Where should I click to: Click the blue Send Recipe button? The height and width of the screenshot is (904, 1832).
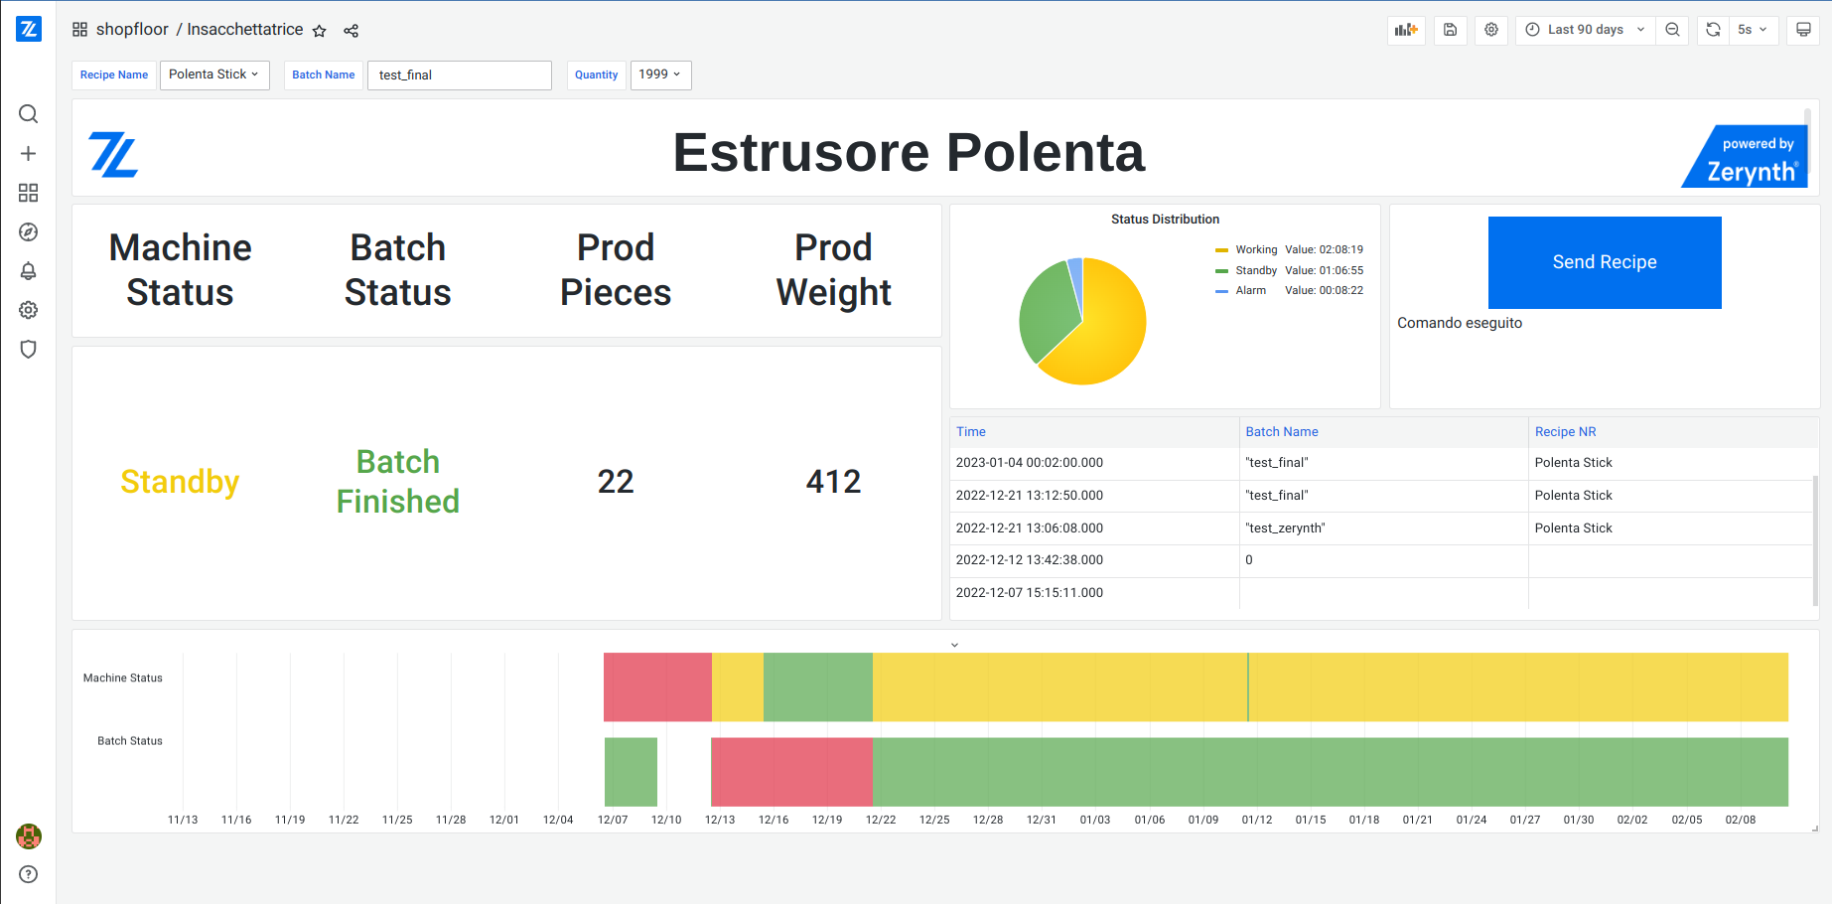point(1604,262)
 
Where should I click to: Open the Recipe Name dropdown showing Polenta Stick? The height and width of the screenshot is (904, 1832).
point(213,75)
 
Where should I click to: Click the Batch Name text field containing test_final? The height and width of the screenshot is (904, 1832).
point(459,75)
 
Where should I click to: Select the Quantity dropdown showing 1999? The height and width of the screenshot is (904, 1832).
point(660,75)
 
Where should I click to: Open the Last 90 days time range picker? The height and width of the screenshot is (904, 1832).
point(1585,30)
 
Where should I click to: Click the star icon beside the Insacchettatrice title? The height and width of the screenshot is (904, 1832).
point(320,31)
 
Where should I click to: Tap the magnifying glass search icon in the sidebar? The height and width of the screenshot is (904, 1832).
point(29,114)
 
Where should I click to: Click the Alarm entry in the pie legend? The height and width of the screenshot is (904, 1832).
point(1250,291)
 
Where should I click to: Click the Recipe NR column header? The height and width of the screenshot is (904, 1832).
point(1565,432)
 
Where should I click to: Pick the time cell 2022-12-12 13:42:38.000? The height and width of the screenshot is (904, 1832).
point(1029,560)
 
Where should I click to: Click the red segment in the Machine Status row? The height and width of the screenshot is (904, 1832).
point(657,686)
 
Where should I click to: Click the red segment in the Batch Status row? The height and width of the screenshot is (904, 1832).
point(791,772)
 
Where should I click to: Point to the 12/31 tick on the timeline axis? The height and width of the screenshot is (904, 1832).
point(1041,820)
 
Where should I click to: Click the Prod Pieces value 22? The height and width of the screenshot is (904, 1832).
point(616,482)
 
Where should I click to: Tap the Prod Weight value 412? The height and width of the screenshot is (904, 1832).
point(833,482)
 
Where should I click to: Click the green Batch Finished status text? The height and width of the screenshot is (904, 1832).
point(397,482)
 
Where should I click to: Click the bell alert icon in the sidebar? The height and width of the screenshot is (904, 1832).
point(29,271)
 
